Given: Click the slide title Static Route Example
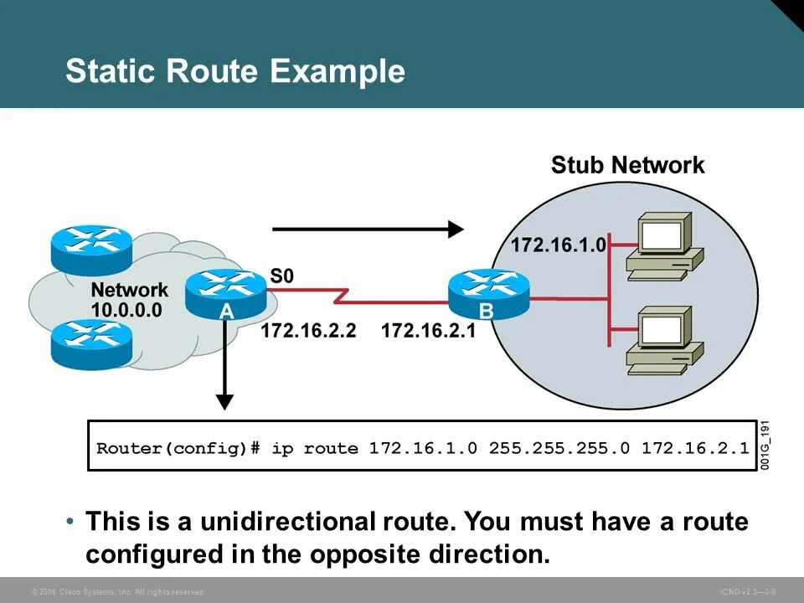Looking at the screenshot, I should pos(234,71).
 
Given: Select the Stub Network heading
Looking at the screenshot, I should pos(627,165).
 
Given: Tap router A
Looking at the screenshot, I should pos(225,294).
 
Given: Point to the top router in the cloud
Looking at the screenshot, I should pos(91,245).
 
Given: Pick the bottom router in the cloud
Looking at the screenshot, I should pos(91,344).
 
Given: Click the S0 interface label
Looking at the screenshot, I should pos(282,276).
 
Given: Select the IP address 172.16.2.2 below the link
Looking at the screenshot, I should pos(308,332).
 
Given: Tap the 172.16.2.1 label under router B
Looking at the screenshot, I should pos(429,332).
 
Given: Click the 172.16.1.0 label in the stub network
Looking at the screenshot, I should pos(559,245).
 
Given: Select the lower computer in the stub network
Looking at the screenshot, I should pos(664,340).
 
